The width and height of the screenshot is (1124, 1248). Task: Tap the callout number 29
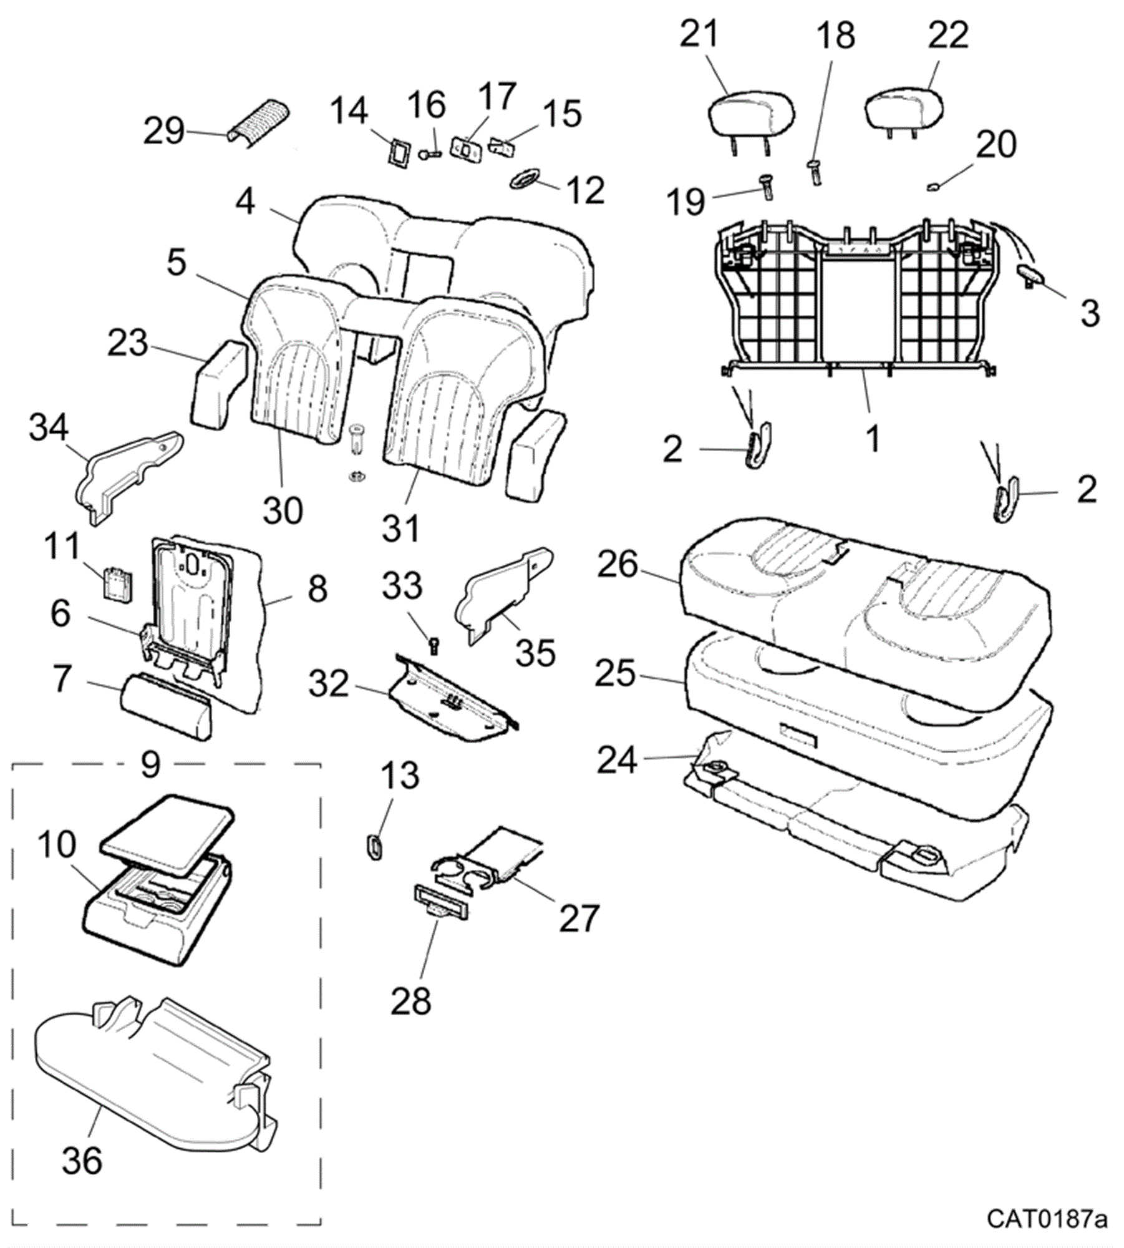click(x=164, y=132)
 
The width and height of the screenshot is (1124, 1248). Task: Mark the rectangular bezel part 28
click(x=441, y=910)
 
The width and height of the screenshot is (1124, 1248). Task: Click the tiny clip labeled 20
click(x=934, y=185)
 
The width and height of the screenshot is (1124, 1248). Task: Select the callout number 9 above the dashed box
click(x=150, y=764)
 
